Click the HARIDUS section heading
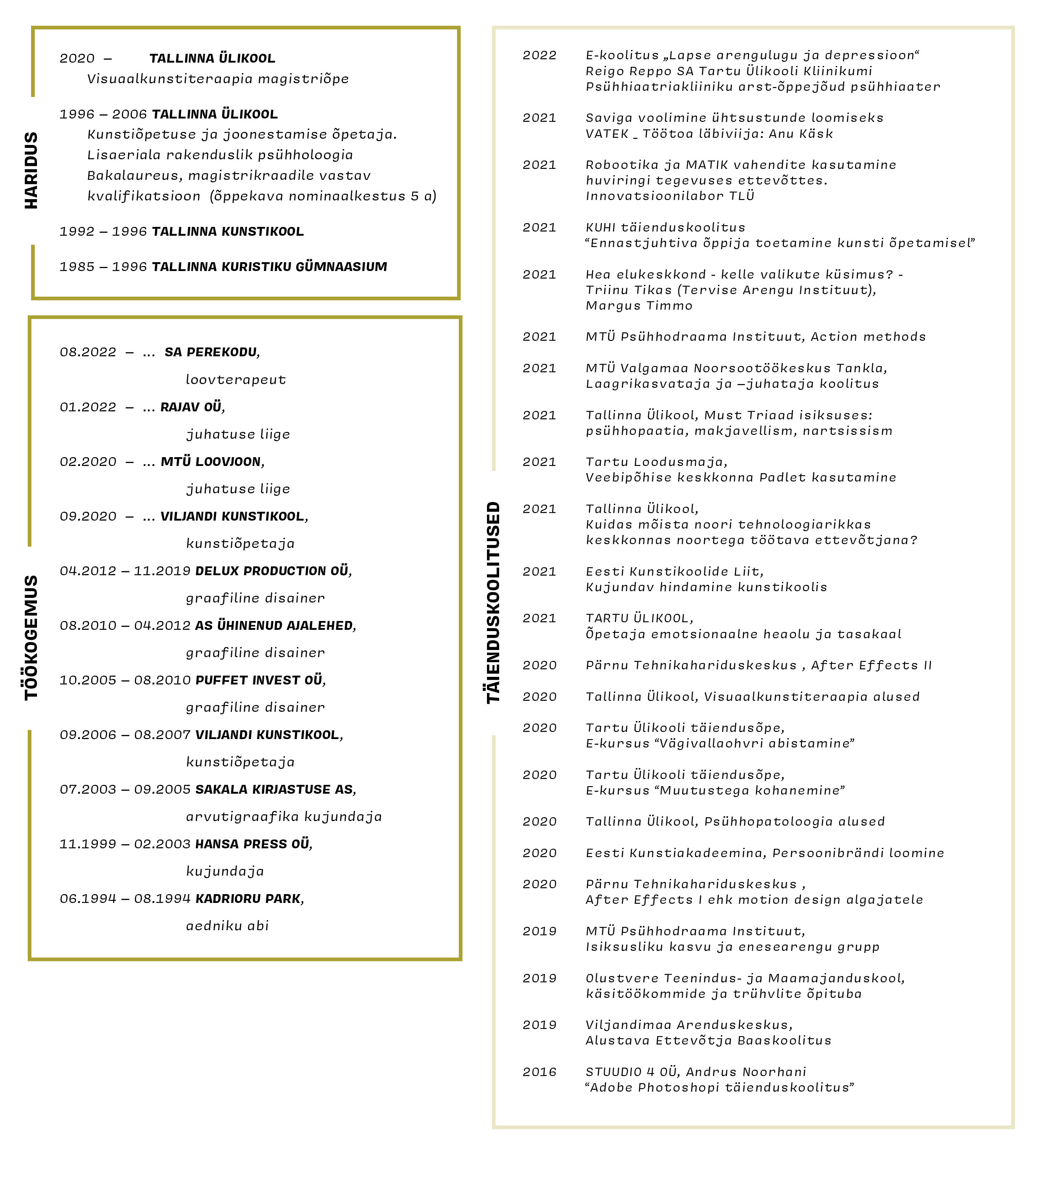[x=31, y=170]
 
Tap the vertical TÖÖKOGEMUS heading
[x=31, y=638]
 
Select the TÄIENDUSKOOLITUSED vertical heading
[x=493, y=603]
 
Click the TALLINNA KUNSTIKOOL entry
[x=227, y=232]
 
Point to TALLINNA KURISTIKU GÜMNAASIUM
[x=269, y=267]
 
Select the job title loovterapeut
[x=235, y=380]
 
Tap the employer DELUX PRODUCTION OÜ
[x=272, y=571]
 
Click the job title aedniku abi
[x=227, y=926]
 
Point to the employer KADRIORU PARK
[x=248, y=899]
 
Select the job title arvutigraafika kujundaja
[x=284, y=816]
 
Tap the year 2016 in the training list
[x=539, y=1072]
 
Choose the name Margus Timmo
[x=639, y=306]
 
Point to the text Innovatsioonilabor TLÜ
[x=670, y=196]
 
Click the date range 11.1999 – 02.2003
[x=125, y=844]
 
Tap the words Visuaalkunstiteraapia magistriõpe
[x=218, y=79]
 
